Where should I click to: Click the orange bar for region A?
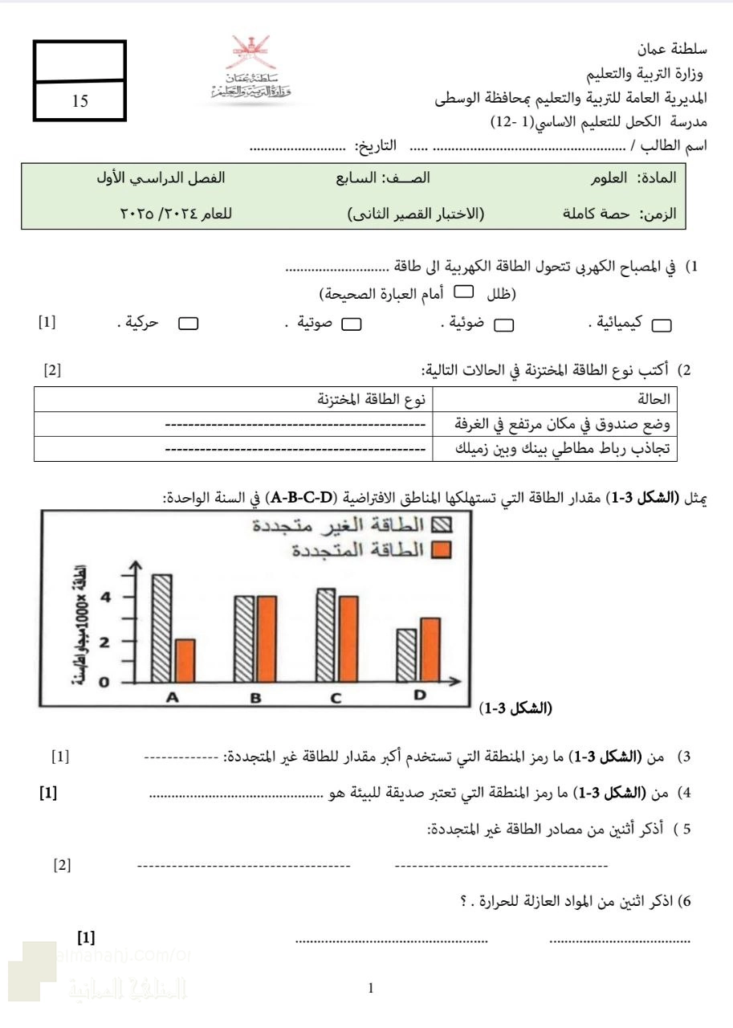coord(185,661)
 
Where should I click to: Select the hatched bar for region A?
coord(161,628)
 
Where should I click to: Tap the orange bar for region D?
coord(430,650)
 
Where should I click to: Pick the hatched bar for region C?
coord(325,635)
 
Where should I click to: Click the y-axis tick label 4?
coord(104,597)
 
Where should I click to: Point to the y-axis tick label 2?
coord(104,642)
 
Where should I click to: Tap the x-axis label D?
coord(419,696)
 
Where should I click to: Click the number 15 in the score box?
coord(79,101)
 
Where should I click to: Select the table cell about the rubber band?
coord(555,447)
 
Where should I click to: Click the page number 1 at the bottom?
coord(370,988)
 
